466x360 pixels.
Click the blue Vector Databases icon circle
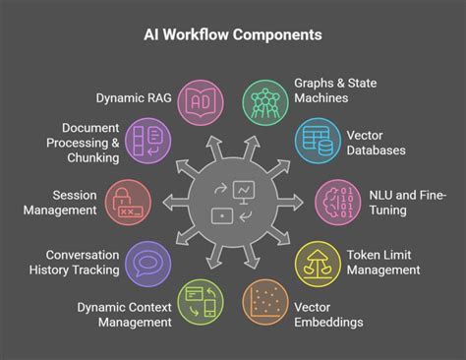pos(314,141)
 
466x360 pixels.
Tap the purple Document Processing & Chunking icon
pos(150,141)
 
